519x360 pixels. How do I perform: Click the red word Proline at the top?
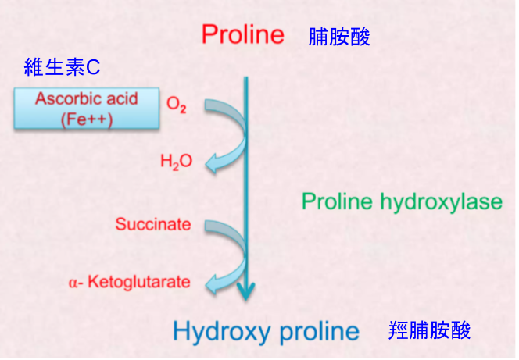[x=243, y=34]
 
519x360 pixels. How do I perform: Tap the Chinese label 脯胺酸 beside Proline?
[x=339, y=37]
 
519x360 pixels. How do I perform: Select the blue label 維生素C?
[x=62, y=67]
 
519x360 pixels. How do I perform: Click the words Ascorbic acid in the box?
[x=87, y=98]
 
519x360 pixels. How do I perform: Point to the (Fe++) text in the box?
[x=87, y=119]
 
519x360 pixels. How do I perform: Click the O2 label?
[x=177, y=105]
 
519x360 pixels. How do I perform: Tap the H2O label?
[x=176, y=162]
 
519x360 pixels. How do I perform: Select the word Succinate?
[x=153, y=224]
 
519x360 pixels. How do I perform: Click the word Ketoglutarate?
[x=139, y=282]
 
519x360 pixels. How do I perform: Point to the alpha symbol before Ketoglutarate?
[x=73, y=283]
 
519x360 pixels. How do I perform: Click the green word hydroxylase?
[x=441, y=202]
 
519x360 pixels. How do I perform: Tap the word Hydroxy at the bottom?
[x=222, y=332]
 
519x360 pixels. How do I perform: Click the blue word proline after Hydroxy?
[x=320, y=332]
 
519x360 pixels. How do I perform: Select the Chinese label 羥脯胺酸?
[x=429, y=330]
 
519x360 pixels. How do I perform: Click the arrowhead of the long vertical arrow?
[x=245, y=291]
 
